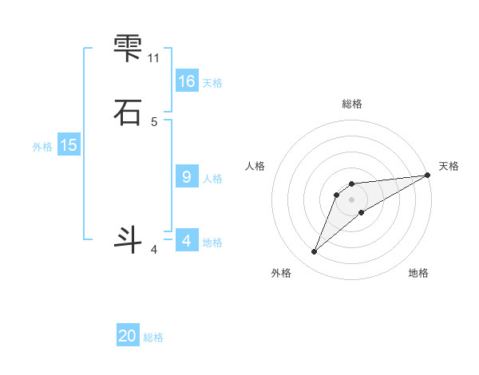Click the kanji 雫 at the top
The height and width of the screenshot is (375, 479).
(x=128, y=47)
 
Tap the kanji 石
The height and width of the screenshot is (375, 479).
(x=128, y=112)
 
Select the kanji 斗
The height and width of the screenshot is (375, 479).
(x=128, y=239)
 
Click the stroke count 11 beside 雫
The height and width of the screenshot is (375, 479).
(x=154, y=58)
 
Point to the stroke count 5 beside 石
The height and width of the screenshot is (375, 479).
(x=154, y=121)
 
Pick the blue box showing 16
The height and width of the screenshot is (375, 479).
(x=187, y=81)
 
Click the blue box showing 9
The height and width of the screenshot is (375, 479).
(x=187, y=177)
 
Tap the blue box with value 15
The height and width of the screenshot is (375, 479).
(x=69, y=145)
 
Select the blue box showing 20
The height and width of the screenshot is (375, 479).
(x=128, y=336)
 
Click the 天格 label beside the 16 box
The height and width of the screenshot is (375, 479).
(x=212, y=83)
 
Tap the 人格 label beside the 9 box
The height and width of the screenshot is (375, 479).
(x=212, y=179)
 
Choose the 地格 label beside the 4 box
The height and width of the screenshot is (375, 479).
(x=212, y=243)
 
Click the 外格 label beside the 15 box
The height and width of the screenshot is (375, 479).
(x=42, y=147)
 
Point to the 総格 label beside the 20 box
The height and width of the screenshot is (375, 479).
(x=153, y=337)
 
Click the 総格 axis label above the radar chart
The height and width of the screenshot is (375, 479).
(x=352, y=104)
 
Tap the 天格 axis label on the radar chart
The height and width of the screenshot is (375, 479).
(x=449, y=166)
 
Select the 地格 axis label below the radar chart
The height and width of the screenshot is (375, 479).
(x=418, y=274)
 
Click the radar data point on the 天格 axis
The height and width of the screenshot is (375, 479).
(x=427, y=175)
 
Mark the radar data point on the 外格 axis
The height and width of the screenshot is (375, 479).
(x=315, y=252)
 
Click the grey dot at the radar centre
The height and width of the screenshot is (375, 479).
(x=352, y=199)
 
